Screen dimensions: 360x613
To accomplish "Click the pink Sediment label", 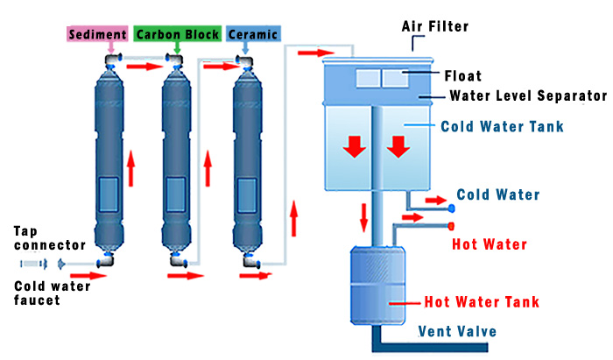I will click(97, 35).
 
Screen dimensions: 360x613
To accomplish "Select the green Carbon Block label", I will click(176, 35).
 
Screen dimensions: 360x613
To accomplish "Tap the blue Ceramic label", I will click(252, 35).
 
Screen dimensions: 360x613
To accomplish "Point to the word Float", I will click(462, 76).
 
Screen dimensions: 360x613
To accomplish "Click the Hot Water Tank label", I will click(482, 302).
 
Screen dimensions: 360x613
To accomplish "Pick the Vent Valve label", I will click(457, 331).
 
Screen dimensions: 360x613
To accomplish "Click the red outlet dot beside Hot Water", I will click(452, 226).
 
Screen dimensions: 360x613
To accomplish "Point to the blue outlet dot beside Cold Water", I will click(452, 208).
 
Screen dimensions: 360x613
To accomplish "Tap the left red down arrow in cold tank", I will click(354, 146).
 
